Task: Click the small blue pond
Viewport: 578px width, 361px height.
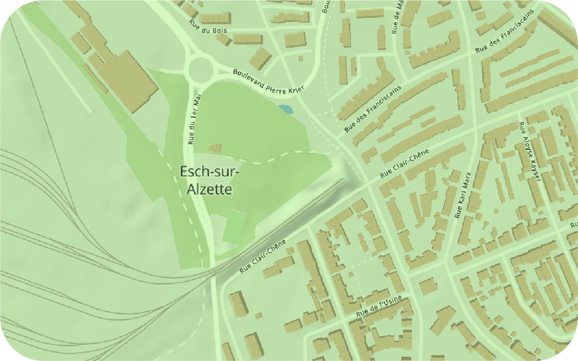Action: point(286,109)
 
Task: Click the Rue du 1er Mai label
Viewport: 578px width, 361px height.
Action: point(194,119)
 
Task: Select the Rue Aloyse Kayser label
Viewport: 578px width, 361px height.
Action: point(529,151)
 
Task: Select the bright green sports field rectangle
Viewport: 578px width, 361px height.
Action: point(235,226)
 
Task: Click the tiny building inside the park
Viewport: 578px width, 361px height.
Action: point(216,148)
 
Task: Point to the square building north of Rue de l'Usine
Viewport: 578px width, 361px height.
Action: point(428,287)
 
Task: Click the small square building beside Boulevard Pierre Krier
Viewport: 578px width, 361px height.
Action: point(301,59)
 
